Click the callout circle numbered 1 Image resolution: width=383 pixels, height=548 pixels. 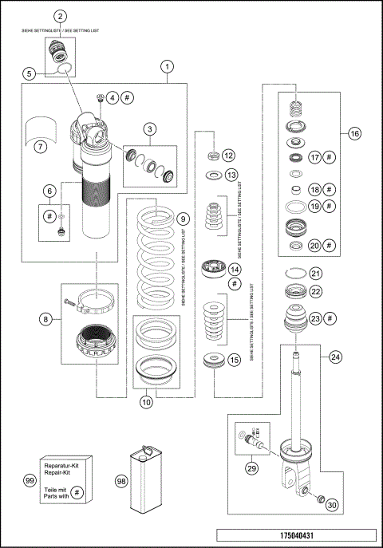166,66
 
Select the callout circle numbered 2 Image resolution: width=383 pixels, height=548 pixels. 61,16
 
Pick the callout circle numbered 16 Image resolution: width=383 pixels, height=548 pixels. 354,133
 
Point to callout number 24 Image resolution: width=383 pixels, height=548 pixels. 335,357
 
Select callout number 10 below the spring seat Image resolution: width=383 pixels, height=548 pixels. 146,403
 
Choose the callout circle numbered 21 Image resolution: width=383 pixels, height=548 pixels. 315,273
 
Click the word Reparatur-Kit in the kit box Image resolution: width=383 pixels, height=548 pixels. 62,468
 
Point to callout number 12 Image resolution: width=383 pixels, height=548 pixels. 229,155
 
